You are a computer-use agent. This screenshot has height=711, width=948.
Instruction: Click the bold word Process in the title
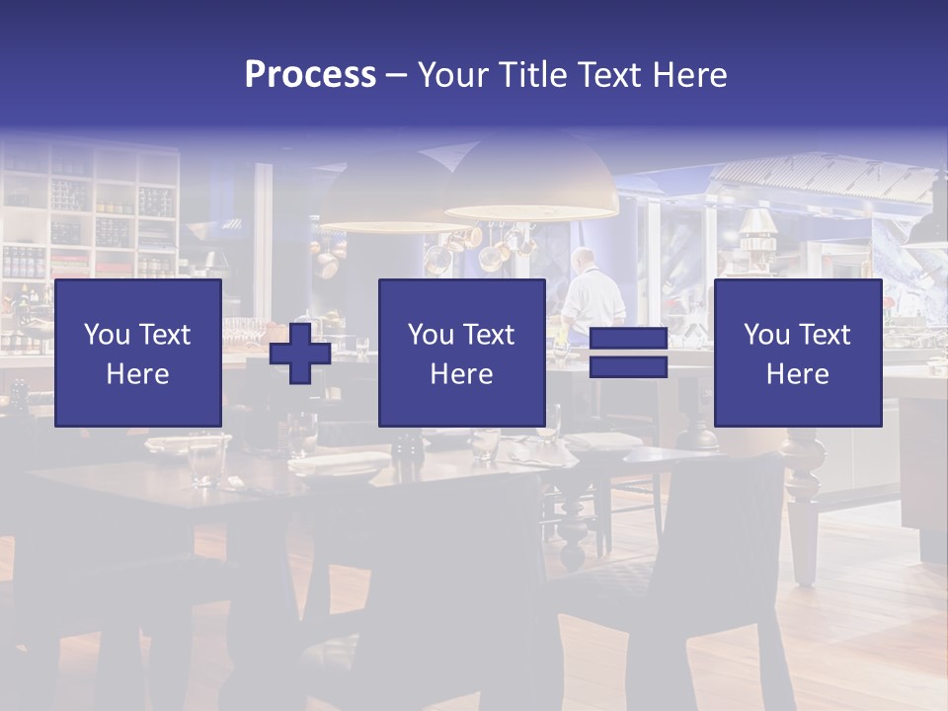click(310, 74)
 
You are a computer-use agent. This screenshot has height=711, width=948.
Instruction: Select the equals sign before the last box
click(628, 354)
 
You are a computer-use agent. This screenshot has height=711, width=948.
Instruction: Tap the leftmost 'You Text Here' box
click(138, 353)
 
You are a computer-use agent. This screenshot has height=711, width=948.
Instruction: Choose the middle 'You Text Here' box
click(461, 353)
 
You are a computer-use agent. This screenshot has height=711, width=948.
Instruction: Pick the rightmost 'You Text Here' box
click(797, 353)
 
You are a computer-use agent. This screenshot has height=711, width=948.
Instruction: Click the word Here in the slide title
click(690, 74)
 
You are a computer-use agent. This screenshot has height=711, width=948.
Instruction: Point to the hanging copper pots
click(489, 247)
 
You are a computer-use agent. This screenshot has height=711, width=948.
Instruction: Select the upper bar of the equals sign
click(628, 340)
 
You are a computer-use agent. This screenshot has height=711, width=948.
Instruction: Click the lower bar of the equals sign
click(628, 367)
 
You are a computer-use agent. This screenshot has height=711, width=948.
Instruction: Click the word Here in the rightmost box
click(797, 373)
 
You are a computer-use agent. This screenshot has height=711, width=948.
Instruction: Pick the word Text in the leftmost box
click(165, 335)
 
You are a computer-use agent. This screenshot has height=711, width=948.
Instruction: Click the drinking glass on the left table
click(205, 462)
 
